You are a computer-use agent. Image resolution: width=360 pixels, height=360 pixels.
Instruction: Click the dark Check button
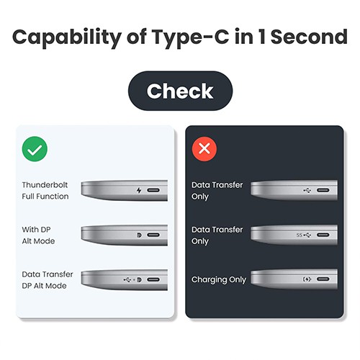tap(180, 91)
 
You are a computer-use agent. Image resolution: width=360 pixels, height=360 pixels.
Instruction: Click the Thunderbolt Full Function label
tap(45, 191)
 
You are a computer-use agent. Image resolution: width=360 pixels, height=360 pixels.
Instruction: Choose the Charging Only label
tap(218, 280)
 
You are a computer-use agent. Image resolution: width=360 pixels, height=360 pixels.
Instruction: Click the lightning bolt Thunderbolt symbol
tap(139, 192)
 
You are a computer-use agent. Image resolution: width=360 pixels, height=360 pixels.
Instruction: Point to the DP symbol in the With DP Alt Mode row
tap(138, 235)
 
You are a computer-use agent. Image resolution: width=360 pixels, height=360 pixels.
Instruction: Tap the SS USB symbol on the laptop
tap(303, 235)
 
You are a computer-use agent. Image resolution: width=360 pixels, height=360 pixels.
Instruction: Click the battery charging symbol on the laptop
tap(305, 280)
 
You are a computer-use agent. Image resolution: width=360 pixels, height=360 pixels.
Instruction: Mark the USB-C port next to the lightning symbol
tap(155, 192)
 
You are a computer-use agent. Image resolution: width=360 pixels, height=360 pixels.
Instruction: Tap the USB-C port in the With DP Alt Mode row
tap(155, 235)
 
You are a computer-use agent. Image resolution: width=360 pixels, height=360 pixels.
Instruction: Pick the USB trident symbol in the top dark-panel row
tap(307, 192)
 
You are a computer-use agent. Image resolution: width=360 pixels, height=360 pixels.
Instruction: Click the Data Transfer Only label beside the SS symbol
tap(217, 235)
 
